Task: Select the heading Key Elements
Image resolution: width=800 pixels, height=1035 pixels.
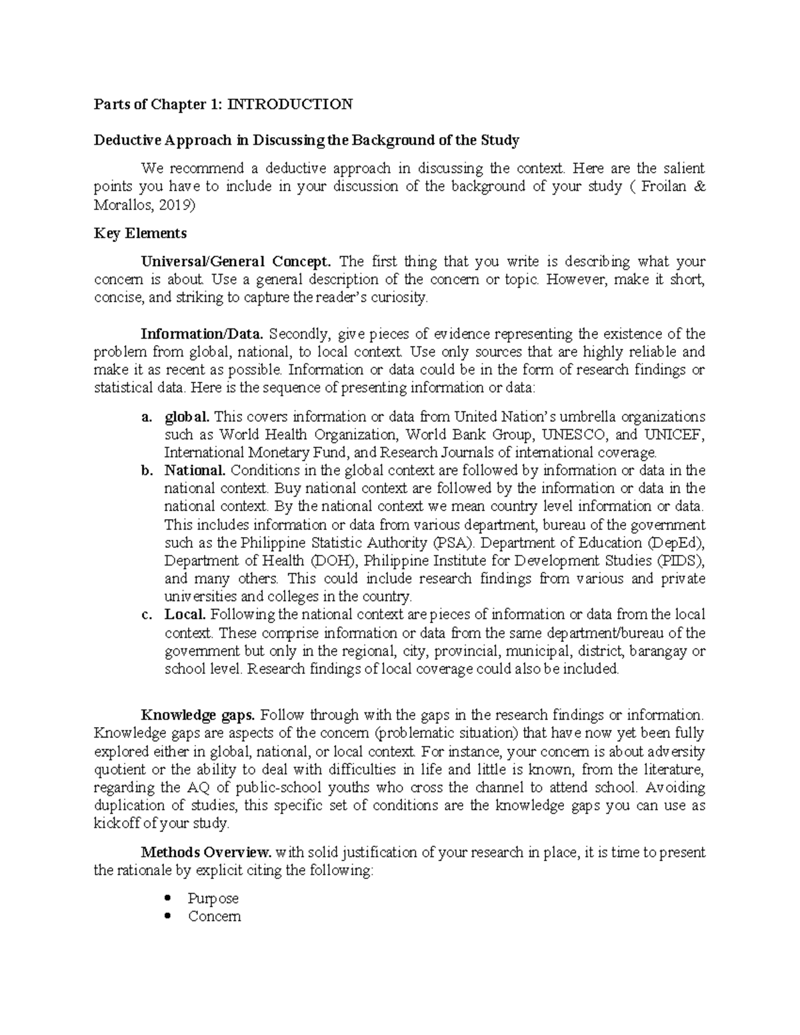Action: point(140,233)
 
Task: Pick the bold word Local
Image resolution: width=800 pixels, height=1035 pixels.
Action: point(185,614)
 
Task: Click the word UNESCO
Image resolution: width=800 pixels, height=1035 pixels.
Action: point(574,435)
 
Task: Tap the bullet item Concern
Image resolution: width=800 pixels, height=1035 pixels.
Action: point(214,916)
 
